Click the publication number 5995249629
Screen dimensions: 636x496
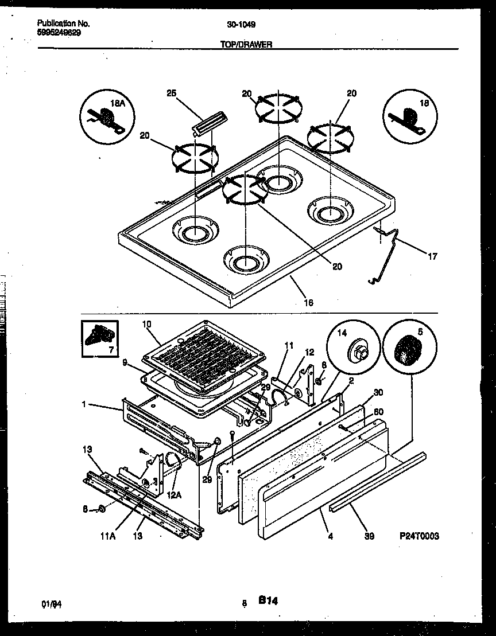click(59, 33)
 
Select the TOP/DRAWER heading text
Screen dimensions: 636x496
click(246, 44)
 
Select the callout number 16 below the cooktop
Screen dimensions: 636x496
click(308, 302)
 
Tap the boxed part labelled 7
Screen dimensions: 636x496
click(99, 339)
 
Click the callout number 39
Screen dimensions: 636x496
click(369, 536)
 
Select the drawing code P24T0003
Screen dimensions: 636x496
click(419, 536)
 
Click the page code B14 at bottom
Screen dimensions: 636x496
click(268, 600)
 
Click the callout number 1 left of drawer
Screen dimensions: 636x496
click(84, 404)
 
